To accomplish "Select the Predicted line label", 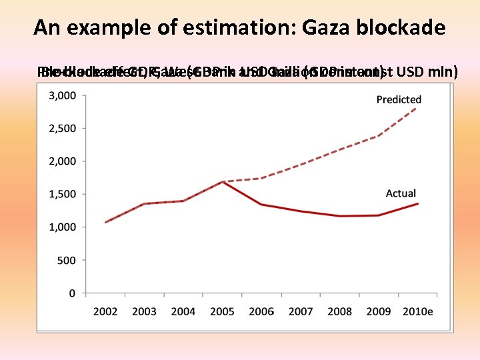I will tap(399, 99).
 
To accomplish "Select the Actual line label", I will tap(401, 193).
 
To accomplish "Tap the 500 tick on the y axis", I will tap(67, 260).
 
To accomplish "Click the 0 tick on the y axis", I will tap(73, 293).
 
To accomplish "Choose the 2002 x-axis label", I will tap(105, 311).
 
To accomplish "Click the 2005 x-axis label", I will tap(223, 311).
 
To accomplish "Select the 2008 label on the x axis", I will tap(340, 311).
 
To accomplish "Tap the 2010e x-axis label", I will tap(418, 311).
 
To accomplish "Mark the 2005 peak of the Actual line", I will tap(223, 181).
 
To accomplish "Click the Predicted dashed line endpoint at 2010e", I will tap(418, 107).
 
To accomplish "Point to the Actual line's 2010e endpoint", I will tap(418, 203).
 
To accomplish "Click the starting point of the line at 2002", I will tap(105, 222).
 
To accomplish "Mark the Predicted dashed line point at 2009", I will tap(379, 136).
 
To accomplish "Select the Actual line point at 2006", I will tap(261, 205).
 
